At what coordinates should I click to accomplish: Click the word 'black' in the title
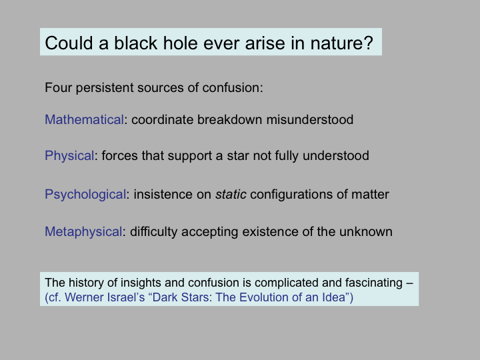(135, 43)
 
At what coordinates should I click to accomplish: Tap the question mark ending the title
(369, 43)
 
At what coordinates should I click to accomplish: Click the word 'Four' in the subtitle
(59, 88)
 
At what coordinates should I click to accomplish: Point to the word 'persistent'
(105, 88)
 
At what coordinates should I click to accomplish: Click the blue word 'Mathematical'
(84, 120)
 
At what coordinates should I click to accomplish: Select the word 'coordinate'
(162, 120)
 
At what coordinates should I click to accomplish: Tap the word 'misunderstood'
(310, 120)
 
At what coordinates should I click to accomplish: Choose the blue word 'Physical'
(69, 156)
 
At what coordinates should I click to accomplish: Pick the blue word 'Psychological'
(85, 195)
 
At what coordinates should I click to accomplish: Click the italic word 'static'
(231, 195)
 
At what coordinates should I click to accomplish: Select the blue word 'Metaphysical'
(83, 232)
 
